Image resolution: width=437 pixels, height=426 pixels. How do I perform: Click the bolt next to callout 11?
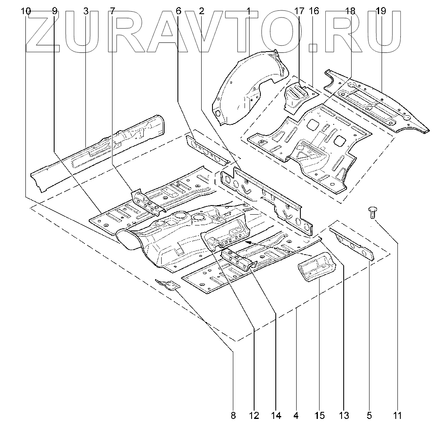(x=372, y=213)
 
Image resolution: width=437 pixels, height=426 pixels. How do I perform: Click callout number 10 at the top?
(x=25, y=11)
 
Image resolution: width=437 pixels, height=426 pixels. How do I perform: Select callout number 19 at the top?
(x=380, y=11)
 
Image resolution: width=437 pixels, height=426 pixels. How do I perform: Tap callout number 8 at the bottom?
(x=233, y=415)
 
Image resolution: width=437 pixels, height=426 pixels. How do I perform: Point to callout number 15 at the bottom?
(x=319, y=415)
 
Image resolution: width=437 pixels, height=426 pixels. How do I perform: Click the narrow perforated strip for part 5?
(x=352, y=243)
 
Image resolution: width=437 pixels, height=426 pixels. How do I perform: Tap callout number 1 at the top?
(x=249, y=11)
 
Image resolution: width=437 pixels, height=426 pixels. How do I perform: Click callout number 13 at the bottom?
(x=344, y=415)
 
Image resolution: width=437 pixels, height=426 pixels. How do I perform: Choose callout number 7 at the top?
(x=112, y=11)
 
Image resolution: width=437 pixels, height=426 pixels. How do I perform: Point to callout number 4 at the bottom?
(x=296, y=415)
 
